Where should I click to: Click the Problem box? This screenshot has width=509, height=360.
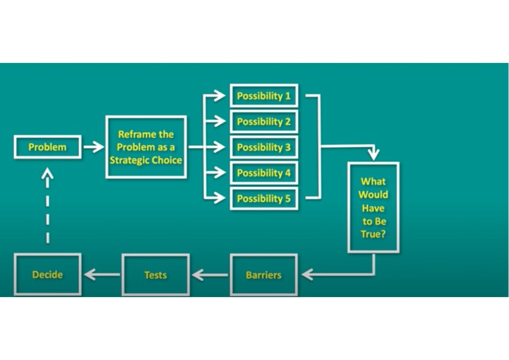(47, 147)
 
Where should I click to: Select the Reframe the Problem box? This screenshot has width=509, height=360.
(146, 147)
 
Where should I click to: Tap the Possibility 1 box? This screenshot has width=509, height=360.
(264, 96)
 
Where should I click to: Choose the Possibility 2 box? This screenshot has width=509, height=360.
(264, 122)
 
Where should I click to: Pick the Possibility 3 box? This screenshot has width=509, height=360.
(264, 147)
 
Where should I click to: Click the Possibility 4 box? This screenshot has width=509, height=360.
(264, 173)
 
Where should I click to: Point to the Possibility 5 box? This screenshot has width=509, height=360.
(264, 198)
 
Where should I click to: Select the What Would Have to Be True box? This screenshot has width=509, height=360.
(373, 208)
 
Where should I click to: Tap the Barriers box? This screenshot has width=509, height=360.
(264, 274)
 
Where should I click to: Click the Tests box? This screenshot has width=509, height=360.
(155, 274)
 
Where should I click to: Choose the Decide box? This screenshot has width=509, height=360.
(47, 274)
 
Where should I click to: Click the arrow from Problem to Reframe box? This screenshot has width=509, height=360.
(93, 147)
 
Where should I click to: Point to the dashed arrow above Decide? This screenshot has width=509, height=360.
(47, 206)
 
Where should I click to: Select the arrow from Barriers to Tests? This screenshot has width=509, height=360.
(209, 274)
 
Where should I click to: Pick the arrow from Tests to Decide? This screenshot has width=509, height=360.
(101, 274)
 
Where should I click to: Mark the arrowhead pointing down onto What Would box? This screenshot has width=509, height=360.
(373, 154)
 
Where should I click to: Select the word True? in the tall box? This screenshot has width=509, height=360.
(373, 234)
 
